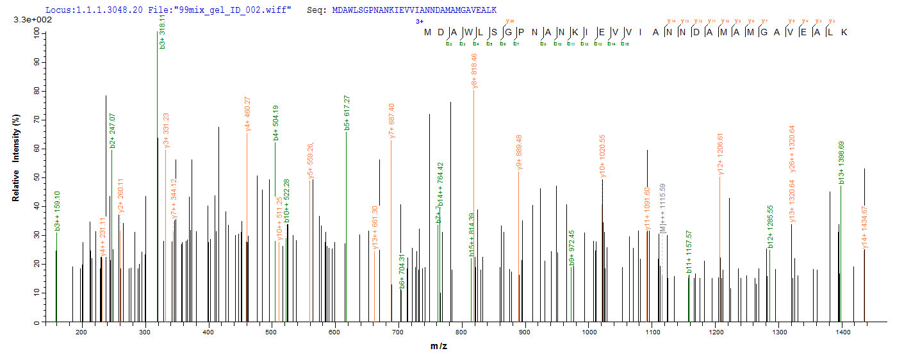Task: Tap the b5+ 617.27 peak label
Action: pyautogui.click(x=347, y=113)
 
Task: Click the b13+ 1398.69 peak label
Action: pyautogui.click(x=841, y=167)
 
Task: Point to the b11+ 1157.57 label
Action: pyautogui.click(x=689, y=259)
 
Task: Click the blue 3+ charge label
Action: pyautogui.click(x=420, y=21)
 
